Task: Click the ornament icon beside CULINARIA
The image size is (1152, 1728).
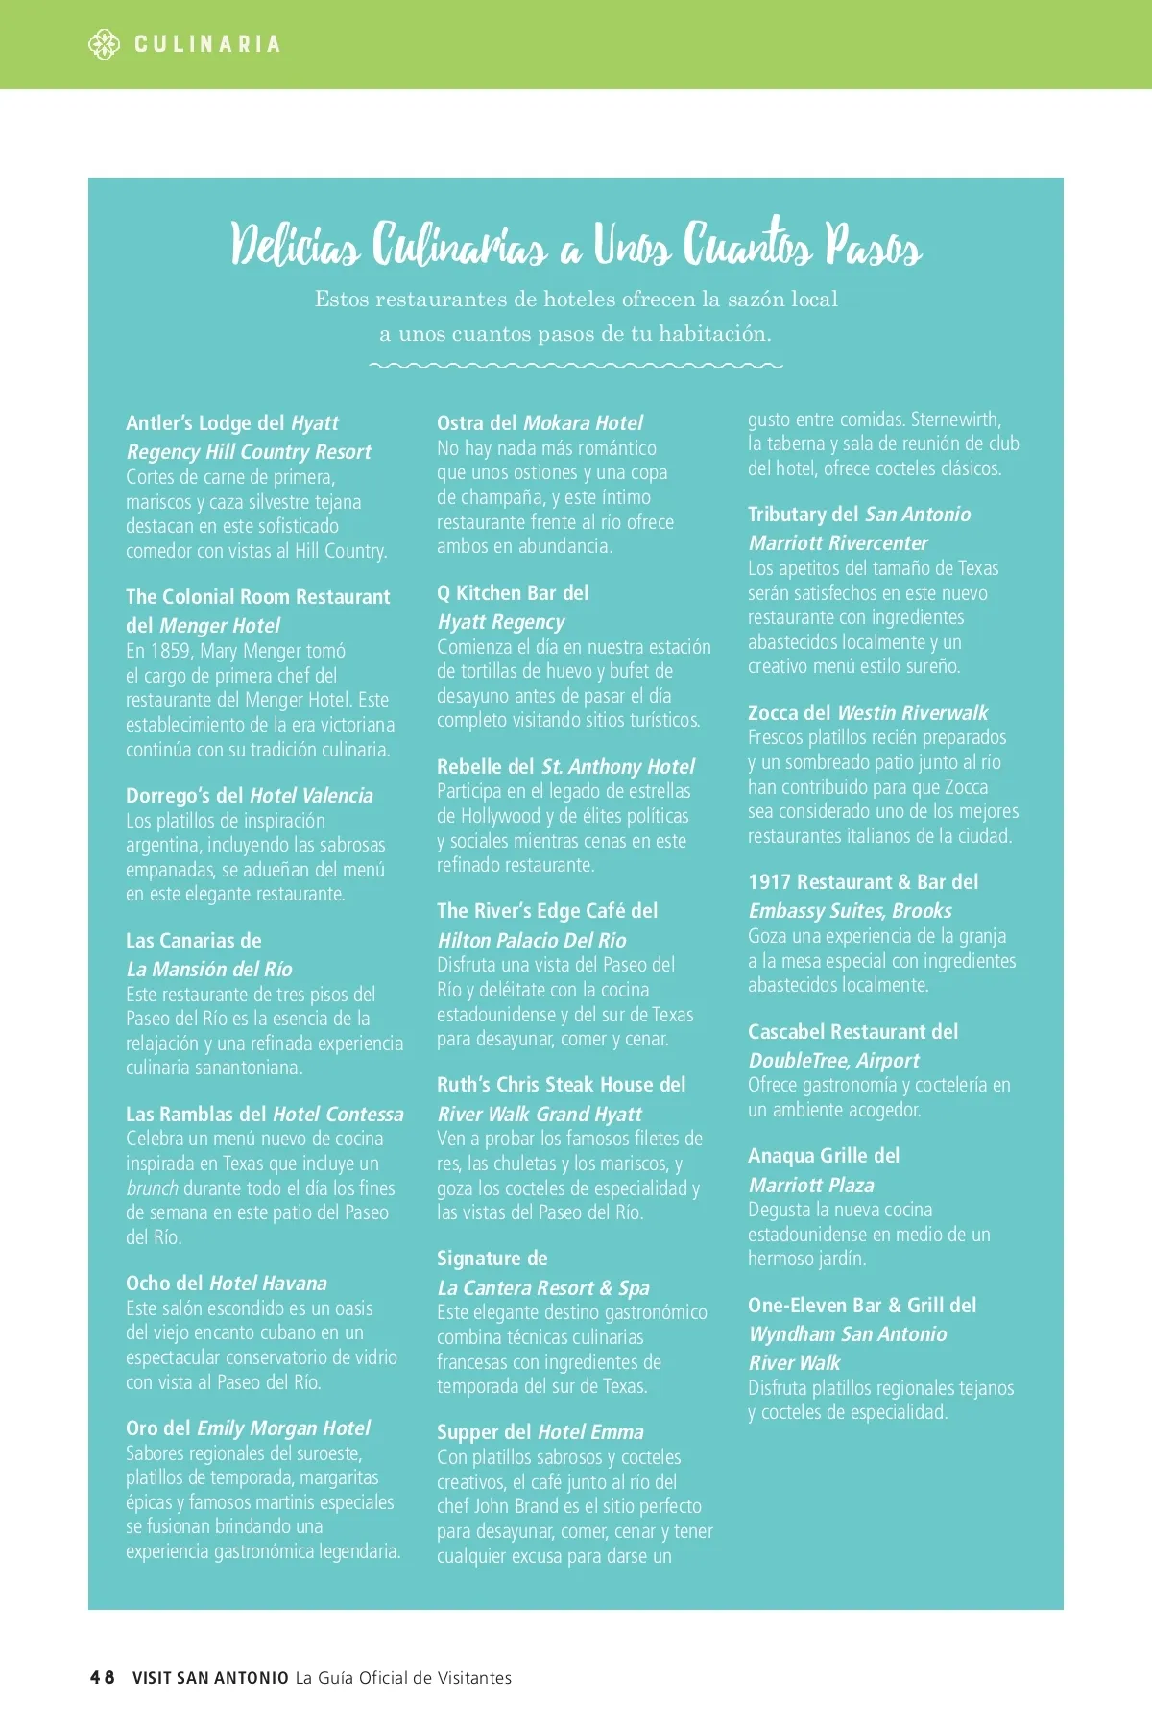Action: coord(104,44)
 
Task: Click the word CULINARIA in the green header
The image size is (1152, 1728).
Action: coord(207,44)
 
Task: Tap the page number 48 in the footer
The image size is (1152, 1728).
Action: coord(102,1677)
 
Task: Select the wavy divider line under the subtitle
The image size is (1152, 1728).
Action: coord(576,366)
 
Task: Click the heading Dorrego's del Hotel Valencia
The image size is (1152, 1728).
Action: coord(249,796)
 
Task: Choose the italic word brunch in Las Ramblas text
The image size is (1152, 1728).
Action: coord(152,1188)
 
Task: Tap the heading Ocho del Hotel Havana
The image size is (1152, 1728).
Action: coord(226,1284)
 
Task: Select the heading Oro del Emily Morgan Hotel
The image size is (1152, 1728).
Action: coord(248,1428)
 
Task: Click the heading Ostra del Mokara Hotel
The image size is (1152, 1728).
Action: coord(540,423)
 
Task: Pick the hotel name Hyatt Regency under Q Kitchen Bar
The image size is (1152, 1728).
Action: coord(501,622)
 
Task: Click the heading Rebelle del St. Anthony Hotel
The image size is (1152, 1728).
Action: coord(565,767)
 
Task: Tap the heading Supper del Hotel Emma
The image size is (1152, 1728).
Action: coord(540,1432)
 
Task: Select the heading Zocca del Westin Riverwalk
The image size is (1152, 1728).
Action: coord(867,713)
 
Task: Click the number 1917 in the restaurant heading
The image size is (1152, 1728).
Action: coord(769,882)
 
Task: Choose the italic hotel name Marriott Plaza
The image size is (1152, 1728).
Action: coord(811,1186)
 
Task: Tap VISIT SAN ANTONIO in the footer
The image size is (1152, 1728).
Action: coord(210,1678)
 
